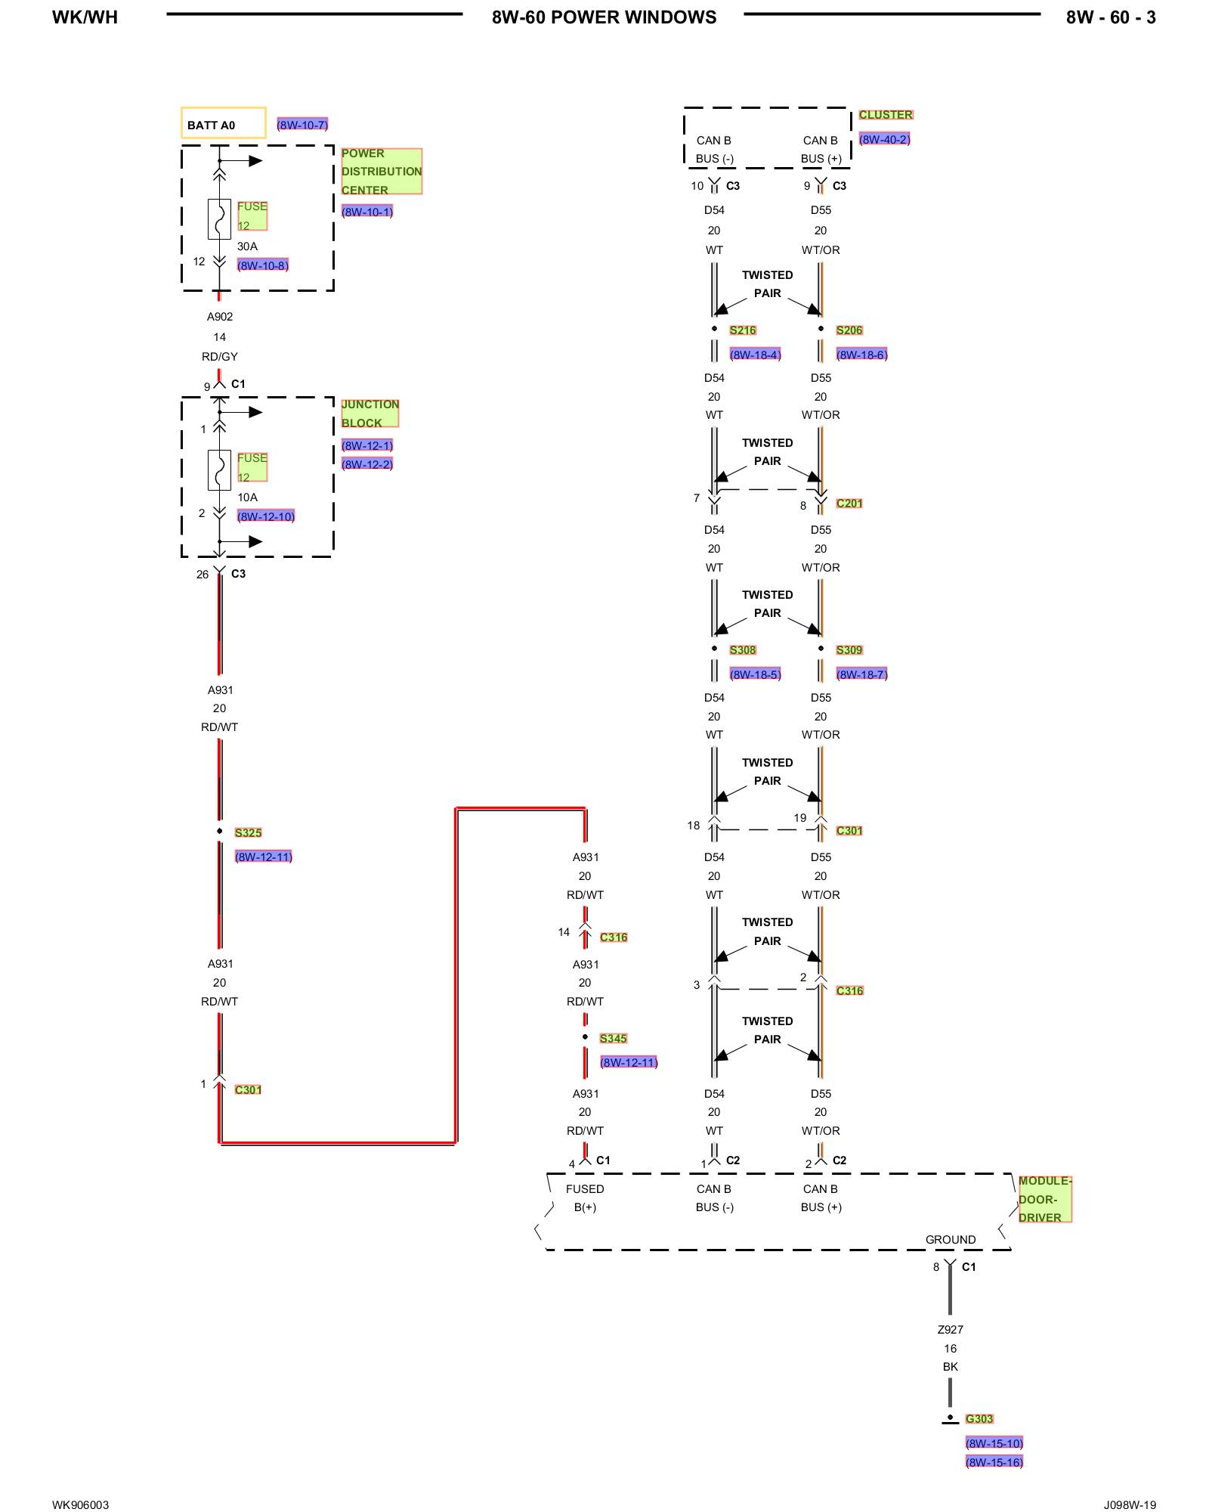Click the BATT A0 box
(223, 123)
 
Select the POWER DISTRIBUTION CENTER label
(381, 172)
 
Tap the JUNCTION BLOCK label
(370, 414)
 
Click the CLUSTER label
(886, 115)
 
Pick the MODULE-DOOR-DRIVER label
(1044, 1199)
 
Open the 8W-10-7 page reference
(302, 125)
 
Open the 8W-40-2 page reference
(884, 139)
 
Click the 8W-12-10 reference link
(265, 516)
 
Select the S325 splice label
(248, 832)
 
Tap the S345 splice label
(613, 1038)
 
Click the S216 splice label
(743, 330)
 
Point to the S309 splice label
(849, 650)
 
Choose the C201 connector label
(849, 503)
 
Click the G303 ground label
(979, 1419)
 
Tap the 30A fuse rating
(247, 246)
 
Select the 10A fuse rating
(247, 497)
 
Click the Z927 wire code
(950, 1330)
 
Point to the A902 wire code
(220, 317)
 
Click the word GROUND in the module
(951, 1240)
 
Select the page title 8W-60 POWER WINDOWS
(604, 17)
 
